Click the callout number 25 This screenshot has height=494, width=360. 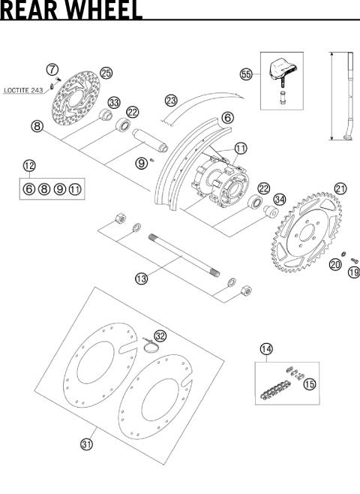106,73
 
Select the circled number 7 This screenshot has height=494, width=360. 52,69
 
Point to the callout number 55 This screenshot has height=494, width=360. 245,74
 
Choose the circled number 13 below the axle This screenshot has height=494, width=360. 141,279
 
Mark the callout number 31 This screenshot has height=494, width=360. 87,444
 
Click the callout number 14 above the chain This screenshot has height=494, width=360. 266,349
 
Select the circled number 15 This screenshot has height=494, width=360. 309,384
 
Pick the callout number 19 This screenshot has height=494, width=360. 353,273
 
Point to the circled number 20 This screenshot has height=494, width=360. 335,264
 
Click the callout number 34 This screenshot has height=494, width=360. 279,199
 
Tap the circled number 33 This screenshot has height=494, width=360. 114,102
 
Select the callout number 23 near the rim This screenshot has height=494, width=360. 171,100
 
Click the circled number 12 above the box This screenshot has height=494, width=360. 28,166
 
